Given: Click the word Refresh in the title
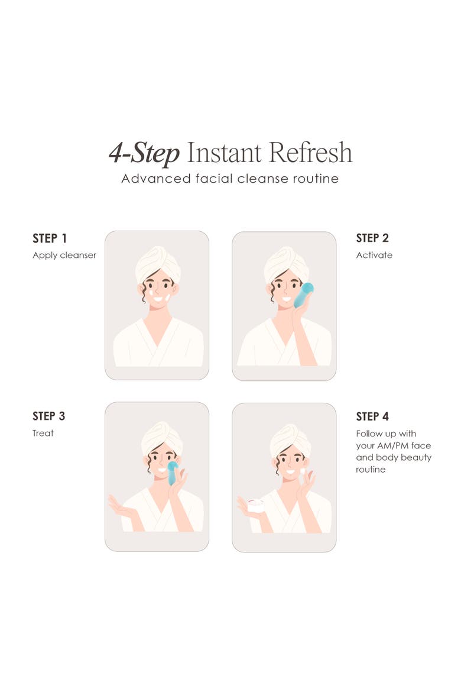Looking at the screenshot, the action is click(x=310, y=153).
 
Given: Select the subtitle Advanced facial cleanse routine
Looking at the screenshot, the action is click(x=230, y=179).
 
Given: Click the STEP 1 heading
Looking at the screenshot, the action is click(x=50, y=238).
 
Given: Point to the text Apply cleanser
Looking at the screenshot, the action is click(x=64, y=255).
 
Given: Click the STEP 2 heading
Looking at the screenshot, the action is click(x=372, y=238).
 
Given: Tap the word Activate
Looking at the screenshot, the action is click(x=374, y=255).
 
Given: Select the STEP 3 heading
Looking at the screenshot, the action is click(x=48, y=416).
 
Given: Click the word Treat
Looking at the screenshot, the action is click(x=43, y=433).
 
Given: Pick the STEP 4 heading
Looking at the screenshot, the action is click(x=372, y=416).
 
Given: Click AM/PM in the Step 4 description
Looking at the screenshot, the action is click(x=393, y=446).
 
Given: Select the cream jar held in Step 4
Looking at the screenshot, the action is click(x=255, y=505).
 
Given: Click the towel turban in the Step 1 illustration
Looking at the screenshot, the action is click(x=158, y=263).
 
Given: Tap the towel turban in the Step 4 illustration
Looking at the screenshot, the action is click(x=291, y=441).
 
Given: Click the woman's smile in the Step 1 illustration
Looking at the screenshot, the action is click(x=157, y=299).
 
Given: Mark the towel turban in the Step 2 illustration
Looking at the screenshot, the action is click(x=286, y=264).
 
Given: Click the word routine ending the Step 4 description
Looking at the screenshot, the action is click(x=371, y=470).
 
